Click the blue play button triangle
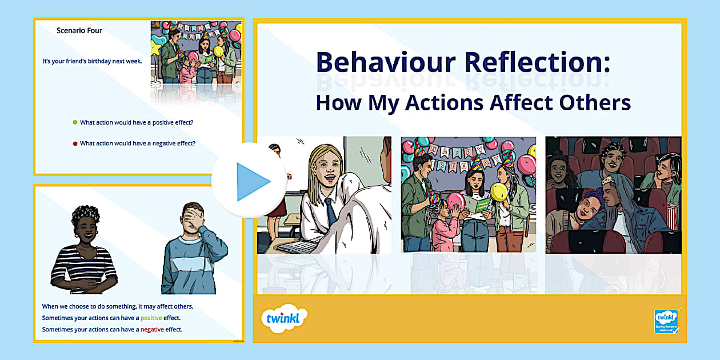click(x=252, y=181)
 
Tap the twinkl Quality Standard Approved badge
click(x=666, y=321)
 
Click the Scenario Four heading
click(x=79, y=31)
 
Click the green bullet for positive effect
click(x=75, y=122)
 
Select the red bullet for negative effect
click(x=75, y=143)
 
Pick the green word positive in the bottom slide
click(x=151, y=318)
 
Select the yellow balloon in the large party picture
click(x=499, y=191)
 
